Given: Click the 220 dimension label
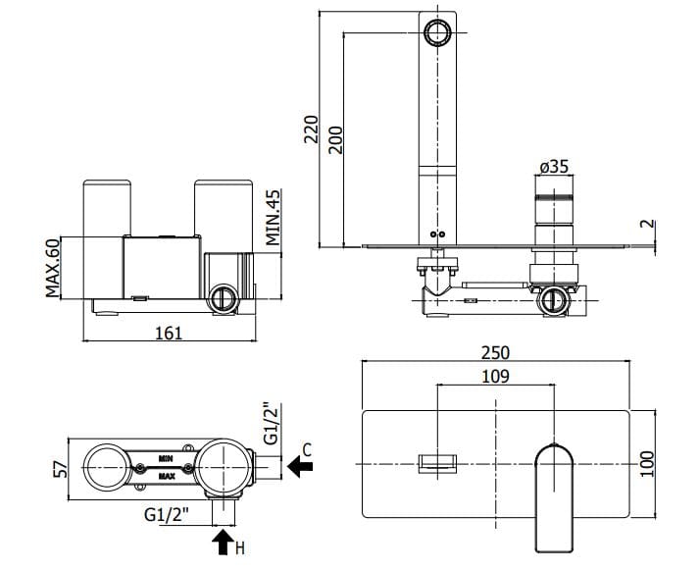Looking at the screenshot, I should pos(312,130).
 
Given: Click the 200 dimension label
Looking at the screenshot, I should pos(334,140).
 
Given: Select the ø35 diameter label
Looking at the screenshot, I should pos(553,167).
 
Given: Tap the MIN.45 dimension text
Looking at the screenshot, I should pos(273,216).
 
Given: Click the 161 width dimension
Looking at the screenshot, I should pos(169,334).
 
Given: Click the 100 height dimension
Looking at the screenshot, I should pos(645,463).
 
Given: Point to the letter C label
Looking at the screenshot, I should pos(307,449).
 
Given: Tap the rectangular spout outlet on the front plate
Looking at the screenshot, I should pos(440,464).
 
